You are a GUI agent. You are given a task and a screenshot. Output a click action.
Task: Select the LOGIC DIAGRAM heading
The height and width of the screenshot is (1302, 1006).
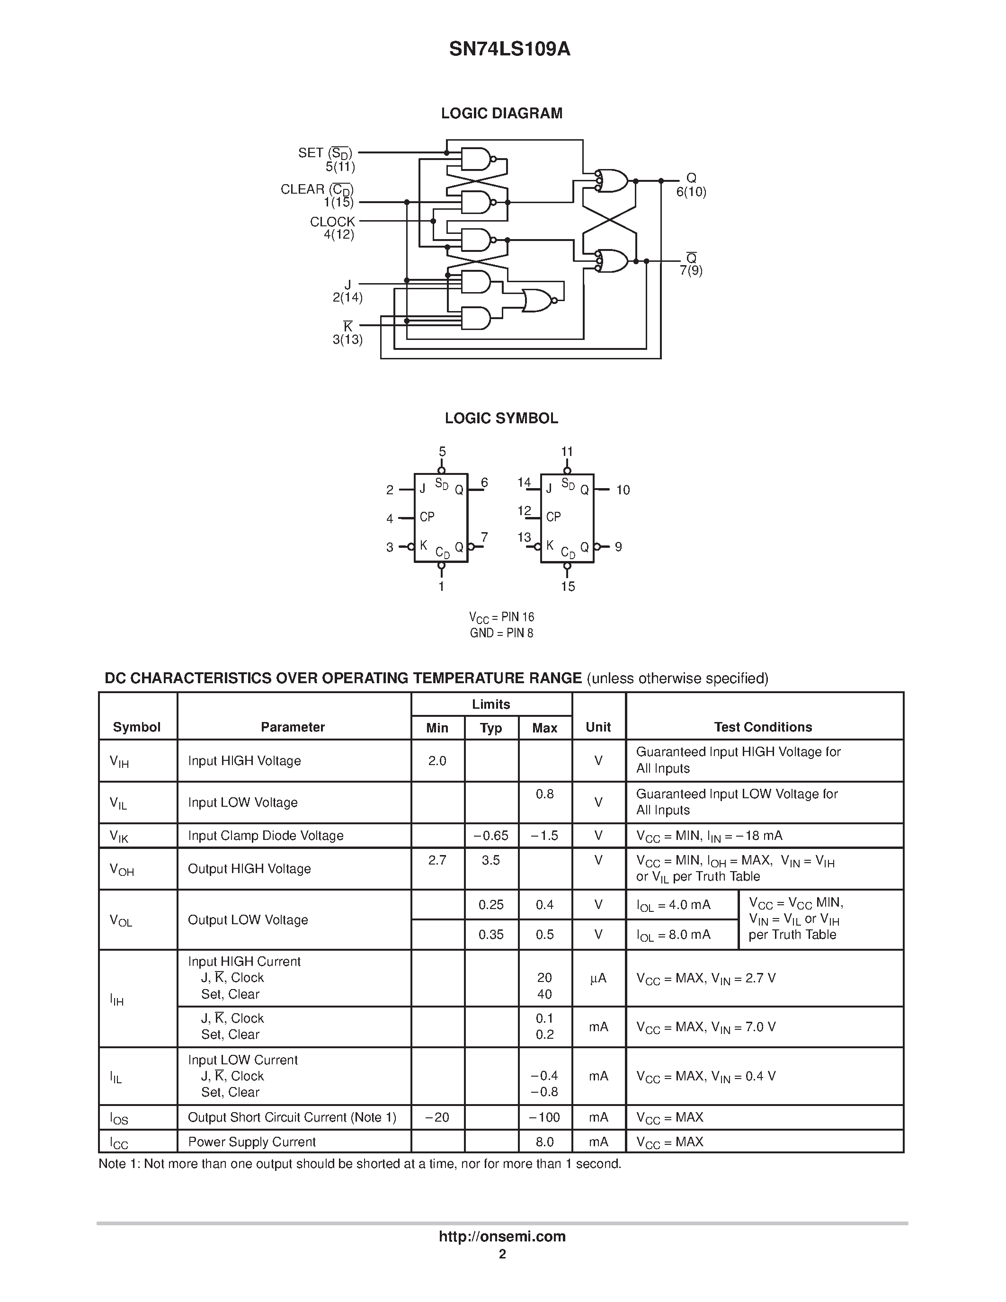pyautogui.click(x=501, y=113)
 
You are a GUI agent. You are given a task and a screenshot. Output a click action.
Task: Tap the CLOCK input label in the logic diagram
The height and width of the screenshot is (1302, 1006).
pyautogui.click(x=332, y=222)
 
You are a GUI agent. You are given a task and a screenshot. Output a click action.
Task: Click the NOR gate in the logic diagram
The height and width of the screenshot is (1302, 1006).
pyautogui.click(x=538, y=301)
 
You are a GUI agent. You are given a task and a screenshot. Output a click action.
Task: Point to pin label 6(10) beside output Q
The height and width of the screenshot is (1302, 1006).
pyautogui.click(x=691, y=192)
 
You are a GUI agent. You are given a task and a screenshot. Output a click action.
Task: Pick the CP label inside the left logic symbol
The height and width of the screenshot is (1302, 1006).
pyautogui.click(x=427, y=517)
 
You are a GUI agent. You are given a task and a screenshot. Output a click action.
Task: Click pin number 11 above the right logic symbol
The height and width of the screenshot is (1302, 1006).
pyautogui.click(x=567, y=452)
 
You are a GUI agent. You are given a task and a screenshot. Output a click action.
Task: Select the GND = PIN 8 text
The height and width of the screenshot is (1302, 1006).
pyautogui.click(x=501, y=633)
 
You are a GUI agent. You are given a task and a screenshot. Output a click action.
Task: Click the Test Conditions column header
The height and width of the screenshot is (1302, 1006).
pyautogui.click(x=763, y=727)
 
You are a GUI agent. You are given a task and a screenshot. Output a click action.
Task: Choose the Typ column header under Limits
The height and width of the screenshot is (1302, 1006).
pyautogui.click(x=490, y=728)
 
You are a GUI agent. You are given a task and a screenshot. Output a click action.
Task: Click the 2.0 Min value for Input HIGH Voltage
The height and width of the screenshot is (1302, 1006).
pyautogui.click(x=437, y=761)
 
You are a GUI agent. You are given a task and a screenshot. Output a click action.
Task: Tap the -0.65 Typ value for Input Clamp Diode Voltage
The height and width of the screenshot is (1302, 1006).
pyautogui.click(x=490, y=836)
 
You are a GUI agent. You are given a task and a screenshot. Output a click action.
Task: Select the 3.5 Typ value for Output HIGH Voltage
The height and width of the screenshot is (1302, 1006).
pyautogui.click(x=490, y=860)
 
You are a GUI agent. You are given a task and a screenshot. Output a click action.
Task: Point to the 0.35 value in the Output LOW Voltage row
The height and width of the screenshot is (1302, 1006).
pyautogui.click(x=490, y=935)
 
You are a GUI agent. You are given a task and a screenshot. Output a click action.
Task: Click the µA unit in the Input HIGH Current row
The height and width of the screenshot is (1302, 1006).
pyautogui.click(x=598, y=978)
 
